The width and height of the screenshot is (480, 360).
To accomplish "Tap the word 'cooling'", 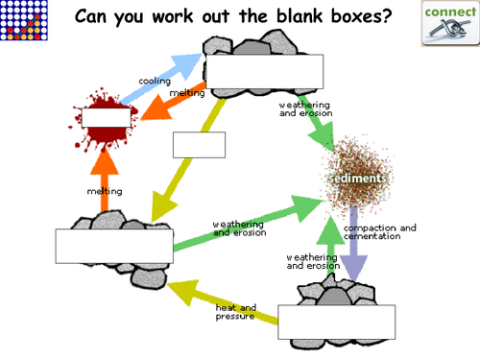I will pos(155,81).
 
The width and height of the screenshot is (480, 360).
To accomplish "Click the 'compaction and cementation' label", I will pos(380,232).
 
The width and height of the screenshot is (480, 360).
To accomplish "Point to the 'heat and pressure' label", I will pos(236,311).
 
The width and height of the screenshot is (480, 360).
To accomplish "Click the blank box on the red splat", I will pos(106,118).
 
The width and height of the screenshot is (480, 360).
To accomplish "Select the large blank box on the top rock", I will pos(264,71).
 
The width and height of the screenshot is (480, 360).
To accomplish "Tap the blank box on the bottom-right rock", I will pos(336,322).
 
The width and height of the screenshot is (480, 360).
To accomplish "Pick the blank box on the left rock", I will pos(114,245).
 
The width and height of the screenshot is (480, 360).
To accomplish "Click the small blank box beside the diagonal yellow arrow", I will pos(199,144).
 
